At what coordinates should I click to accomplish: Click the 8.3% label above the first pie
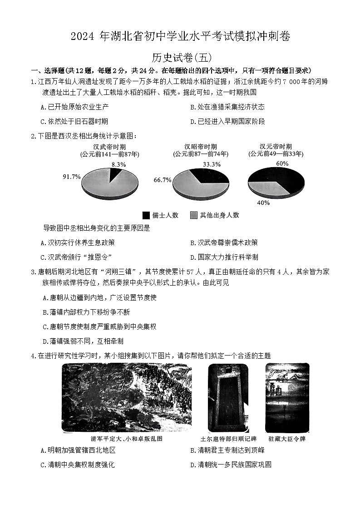coord(118,164)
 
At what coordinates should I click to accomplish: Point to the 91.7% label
coord(72,177)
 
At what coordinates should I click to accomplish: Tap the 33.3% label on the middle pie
coord(212,164)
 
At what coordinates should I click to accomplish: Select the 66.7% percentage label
coord(163,180)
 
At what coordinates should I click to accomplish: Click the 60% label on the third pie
coord(282,163)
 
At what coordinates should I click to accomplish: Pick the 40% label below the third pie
coord(263,203)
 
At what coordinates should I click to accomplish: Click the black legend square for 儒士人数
coord(146,215)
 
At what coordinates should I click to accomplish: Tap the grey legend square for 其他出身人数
coord(194,215)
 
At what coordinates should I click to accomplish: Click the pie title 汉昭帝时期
coord(200,147)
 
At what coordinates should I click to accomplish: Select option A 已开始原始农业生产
coord(74,107)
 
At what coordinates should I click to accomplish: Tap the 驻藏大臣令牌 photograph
coord(287,398)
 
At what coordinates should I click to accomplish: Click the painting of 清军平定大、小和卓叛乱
coord(127,398)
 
